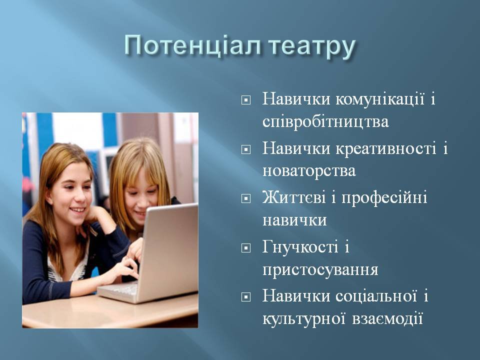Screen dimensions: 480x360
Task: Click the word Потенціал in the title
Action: pyautogui.click(x=192, y=45)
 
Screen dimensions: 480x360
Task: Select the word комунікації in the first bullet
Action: pyautogui.click(x=380, y=99)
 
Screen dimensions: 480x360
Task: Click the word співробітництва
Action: pyautogui.click(x=325, y=122)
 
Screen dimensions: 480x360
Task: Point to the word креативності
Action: pyautogui.click(x=386, y=149)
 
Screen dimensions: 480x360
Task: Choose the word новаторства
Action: pyautogui.click(x=309, y=171)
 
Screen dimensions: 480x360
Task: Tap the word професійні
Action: pyautogui.click(x=384, y=198)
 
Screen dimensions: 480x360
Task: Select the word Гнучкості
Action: pyautogui.click(x=300, y=246)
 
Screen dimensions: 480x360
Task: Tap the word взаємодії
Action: pyautogui.click(x=387, y=318)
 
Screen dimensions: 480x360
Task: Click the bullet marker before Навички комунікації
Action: pyautogui.click(x=246, y=100)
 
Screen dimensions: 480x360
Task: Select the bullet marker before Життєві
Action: pyautogui.click(x=246, y=198)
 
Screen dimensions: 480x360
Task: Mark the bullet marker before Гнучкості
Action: pyautogui.click(x=246, y=247)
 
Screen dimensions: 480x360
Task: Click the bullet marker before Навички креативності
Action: pyautogui.click(x=246, y=149)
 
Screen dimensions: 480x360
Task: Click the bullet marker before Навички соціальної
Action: pyautogui.click(x=246, y=296)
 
